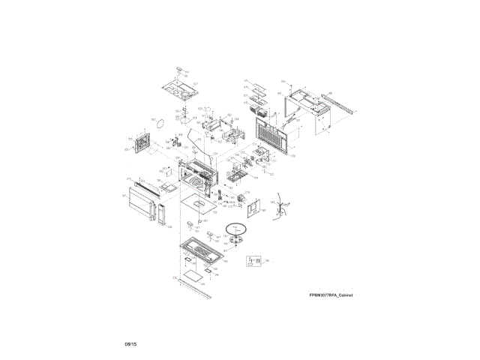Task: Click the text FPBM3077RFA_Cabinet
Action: click(x=330, y=295)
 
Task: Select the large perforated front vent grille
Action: click(x=270, y=140)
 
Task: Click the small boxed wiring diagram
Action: click(x=254, y=261)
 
